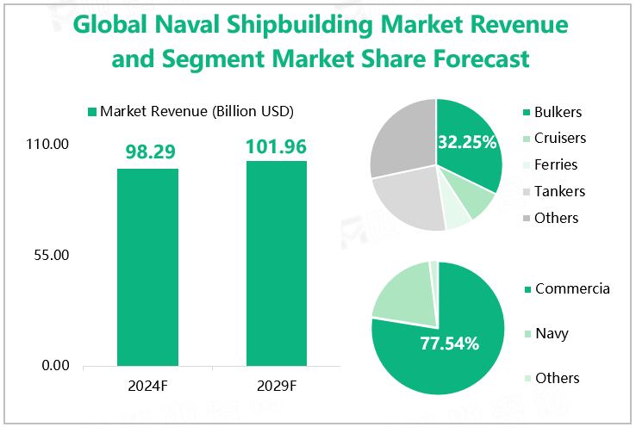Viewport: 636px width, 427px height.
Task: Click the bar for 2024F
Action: pos(147,267)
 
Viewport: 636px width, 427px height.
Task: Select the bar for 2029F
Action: pos(276,263)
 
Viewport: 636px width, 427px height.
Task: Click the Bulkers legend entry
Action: pos(557,112)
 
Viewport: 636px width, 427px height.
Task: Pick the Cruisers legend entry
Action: pos(559,139)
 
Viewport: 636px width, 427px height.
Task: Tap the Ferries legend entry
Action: pos(555,164)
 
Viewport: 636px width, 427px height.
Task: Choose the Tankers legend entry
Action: pos(558,191)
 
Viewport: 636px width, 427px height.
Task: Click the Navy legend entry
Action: pos(551,333)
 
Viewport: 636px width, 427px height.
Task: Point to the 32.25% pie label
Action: pos(467,141)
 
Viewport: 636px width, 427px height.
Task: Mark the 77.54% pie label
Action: pos(449,343)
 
